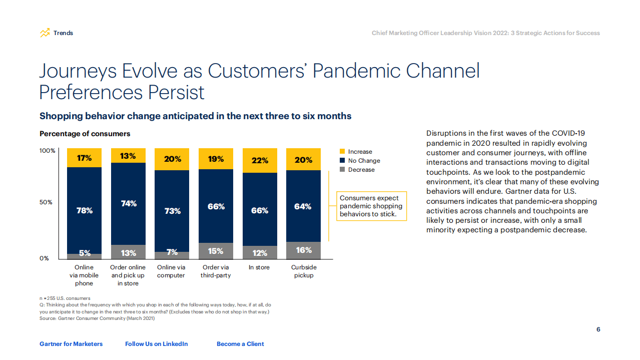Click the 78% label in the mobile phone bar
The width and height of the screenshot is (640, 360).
84,211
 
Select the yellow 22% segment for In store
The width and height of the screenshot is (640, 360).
260,160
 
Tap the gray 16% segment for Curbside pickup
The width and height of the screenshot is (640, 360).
303,250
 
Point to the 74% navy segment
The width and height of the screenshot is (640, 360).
128,203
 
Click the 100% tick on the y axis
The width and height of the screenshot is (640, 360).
47,151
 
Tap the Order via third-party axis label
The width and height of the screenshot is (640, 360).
216,271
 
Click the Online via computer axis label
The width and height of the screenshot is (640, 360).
171,271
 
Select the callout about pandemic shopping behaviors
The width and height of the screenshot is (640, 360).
371,206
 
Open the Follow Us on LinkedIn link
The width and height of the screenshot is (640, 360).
157,344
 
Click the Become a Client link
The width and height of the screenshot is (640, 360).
240,344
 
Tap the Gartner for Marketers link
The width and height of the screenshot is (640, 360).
71,344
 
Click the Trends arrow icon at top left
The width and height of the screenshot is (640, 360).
45,33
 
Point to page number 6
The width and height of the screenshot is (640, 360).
598,329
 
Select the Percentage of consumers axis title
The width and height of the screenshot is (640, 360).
85,134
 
